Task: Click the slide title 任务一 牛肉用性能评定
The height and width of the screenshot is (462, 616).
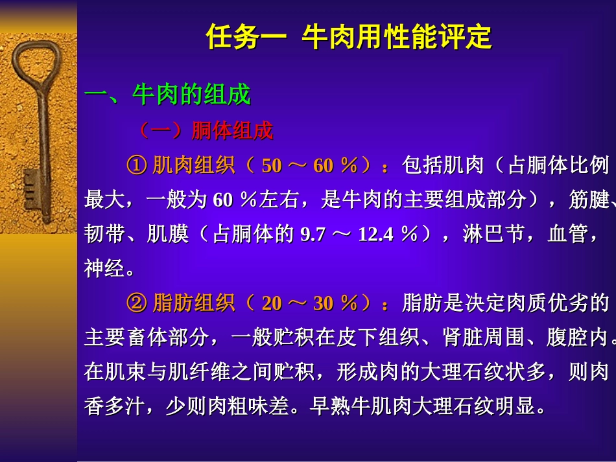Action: [348, 38]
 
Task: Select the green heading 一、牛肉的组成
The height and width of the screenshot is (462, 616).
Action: [167, 95]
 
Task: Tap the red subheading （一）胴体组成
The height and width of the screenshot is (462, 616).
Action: [206, 132]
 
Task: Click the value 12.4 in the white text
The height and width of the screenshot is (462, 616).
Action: [375, 235]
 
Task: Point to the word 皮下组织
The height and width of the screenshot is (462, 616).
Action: [381, 338]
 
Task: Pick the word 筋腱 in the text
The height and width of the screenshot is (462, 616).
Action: [589, 200]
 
